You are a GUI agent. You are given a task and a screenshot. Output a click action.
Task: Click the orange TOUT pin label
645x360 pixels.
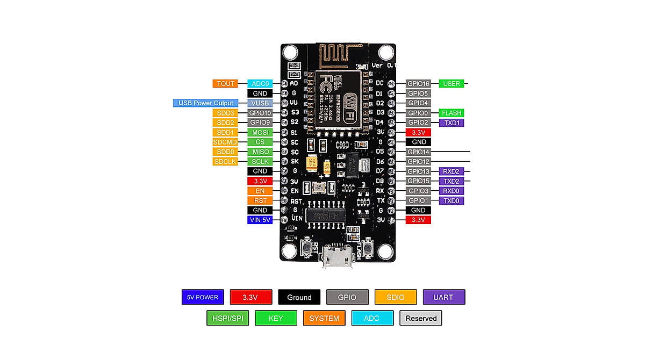(x=226, y=83)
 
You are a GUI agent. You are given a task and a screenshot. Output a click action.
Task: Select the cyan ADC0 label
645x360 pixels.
(x=260, y=83)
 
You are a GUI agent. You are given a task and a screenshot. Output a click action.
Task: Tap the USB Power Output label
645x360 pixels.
(x=206, y=103)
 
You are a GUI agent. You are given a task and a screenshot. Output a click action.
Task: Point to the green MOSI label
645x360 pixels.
(x=260, y=132)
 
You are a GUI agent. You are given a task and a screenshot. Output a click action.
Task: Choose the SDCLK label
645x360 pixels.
(x=226, y=162)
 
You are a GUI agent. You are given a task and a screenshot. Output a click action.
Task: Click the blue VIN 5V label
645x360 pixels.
(x=260, y=220)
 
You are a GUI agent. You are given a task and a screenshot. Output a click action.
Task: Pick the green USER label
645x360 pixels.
(x=451, y=83)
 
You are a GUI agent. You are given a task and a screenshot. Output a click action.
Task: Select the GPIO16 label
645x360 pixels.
(x=418, y=83)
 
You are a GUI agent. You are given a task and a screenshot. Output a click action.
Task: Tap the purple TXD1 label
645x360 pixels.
(x=451, y=123)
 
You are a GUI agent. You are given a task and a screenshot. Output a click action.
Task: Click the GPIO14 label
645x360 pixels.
(x=418, y=152)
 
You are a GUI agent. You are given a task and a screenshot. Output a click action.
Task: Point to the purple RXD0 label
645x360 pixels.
(x=451, y=191)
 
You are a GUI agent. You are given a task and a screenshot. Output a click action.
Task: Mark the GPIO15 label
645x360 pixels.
(x=418, y=181)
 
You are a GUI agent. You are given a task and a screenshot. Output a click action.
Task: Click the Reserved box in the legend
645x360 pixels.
(x=421, y=318)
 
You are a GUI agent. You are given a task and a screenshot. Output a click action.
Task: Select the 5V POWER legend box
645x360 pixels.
(x=203, y=297)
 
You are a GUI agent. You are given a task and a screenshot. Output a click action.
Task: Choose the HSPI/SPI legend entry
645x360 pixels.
(x=227, y=318)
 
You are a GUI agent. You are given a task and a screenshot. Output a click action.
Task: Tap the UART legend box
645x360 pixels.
(x=443, y=297)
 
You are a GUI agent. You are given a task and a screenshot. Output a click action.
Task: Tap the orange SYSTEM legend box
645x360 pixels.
(x=324, y=318)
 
